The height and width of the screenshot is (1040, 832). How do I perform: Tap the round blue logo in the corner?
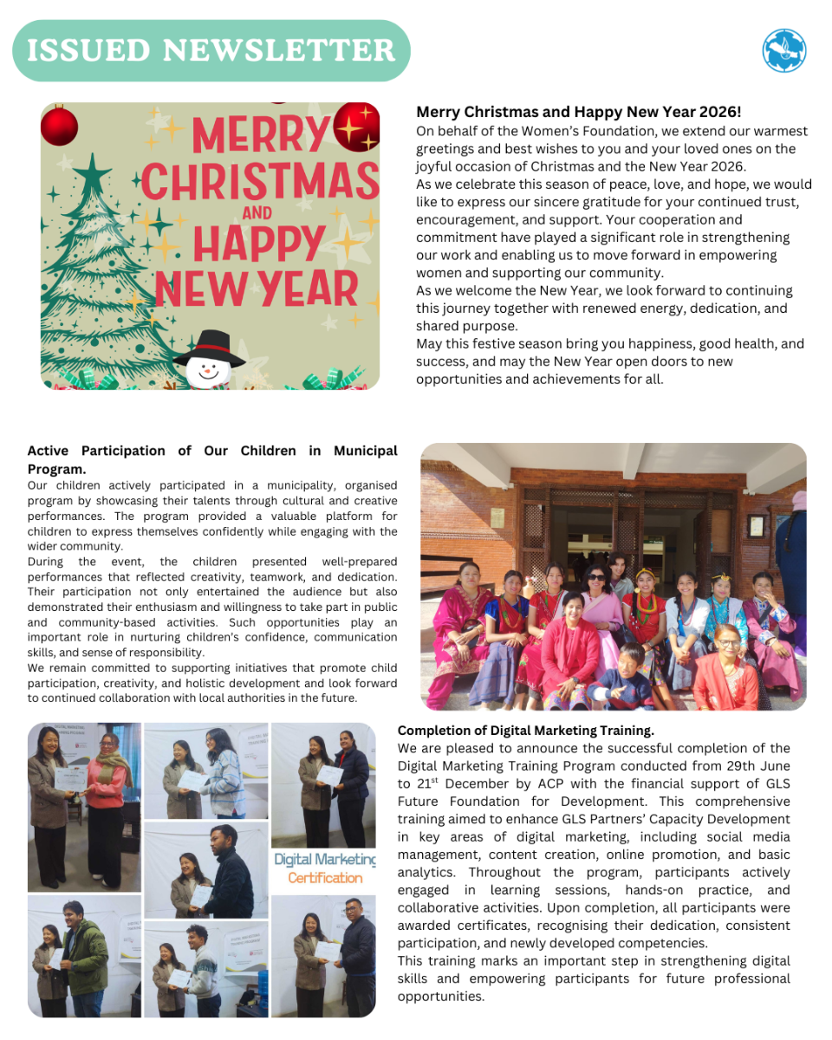(783, 50)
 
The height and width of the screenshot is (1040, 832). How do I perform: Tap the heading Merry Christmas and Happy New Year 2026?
(578, 113)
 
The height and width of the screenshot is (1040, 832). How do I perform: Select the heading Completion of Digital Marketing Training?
(525, 730)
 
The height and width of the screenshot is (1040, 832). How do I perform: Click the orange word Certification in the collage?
(325, 878)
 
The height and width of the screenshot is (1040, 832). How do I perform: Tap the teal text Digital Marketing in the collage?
(325, 859)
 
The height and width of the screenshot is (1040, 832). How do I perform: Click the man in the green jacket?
(85, 958)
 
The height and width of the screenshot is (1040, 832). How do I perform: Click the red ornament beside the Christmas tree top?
(59, 125)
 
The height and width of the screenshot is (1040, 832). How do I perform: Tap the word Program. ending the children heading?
(57, 469)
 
